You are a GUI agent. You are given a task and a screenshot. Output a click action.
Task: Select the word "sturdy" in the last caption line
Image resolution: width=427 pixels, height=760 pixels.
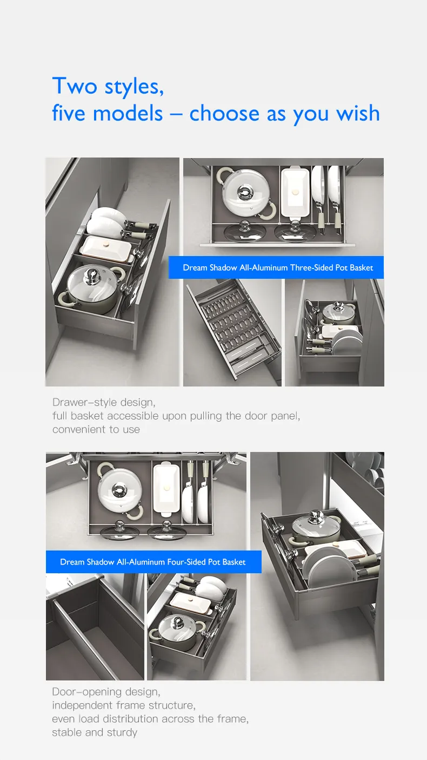tap(122, 732)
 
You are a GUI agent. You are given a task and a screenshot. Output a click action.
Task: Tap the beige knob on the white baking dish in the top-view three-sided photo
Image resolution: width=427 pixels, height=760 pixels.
tap(296, 192)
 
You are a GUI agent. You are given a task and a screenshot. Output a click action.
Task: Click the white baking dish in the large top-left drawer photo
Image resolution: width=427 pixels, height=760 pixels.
tap(105, 248)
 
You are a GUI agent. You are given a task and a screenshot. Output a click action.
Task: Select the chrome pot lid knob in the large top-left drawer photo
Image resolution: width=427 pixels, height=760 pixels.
tap(92, 273)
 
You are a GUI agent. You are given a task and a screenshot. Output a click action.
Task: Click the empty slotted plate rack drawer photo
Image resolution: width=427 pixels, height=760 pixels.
tap(232, 332)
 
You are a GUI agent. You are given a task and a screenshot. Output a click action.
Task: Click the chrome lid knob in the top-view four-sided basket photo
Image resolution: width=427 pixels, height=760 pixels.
tap(118, 488)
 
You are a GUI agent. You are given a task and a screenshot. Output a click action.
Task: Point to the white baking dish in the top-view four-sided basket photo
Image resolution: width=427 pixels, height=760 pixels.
tap(166, 489)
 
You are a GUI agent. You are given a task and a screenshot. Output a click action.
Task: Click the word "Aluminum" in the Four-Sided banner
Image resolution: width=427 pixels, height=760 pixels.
tap(149, 562)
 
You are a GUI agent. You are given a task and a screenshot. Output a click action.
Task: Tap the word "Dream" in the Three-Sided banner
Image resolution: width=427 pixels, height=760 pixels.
tap(195, 268)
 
